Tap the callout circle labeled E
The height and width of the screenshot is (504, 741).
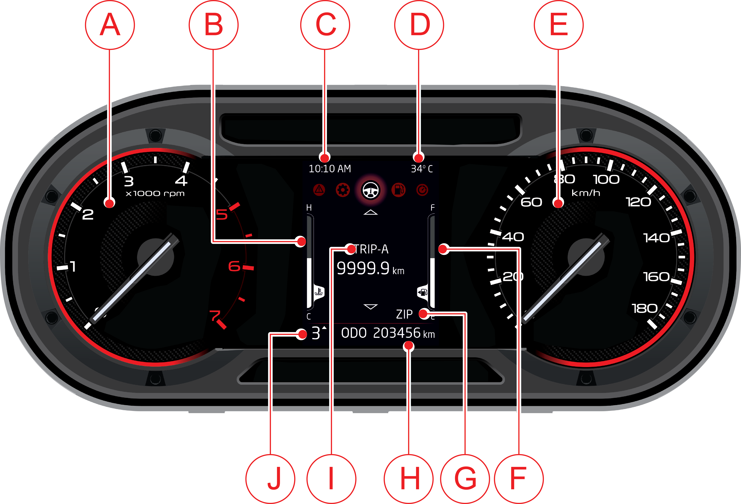[559, 25]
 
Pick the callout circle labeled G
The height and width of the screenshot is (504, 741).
[465, 479]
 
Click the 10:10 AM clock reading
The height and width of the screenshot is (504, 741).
[330, 169]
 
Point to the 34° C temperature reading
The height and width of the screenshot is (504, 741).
[422, 169]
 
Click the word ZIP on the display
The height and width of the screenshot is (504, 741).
[404, 314]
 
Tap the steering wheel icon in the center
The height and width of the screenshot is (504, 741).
[370, 190]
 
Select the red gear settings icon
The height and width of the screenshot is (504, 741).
[343, 190]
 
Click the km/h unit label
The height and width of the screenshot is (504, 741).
[586, 193]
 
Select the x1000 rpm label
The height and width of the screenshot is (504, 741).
[155, 193]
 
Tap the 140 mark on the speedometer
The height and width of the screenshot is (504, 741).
[656, 238]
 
